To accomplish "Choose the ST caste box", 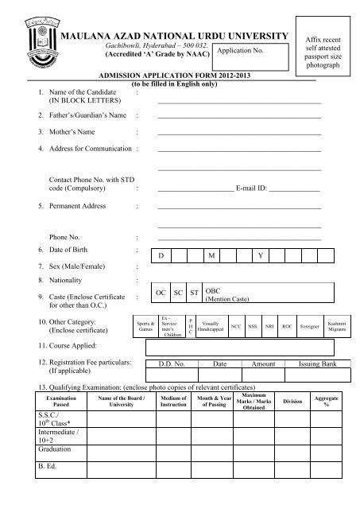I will [194, 293].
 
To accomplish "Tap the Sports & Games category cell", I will [146, 326].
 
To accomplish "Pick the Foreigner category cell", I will [311, 326].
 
